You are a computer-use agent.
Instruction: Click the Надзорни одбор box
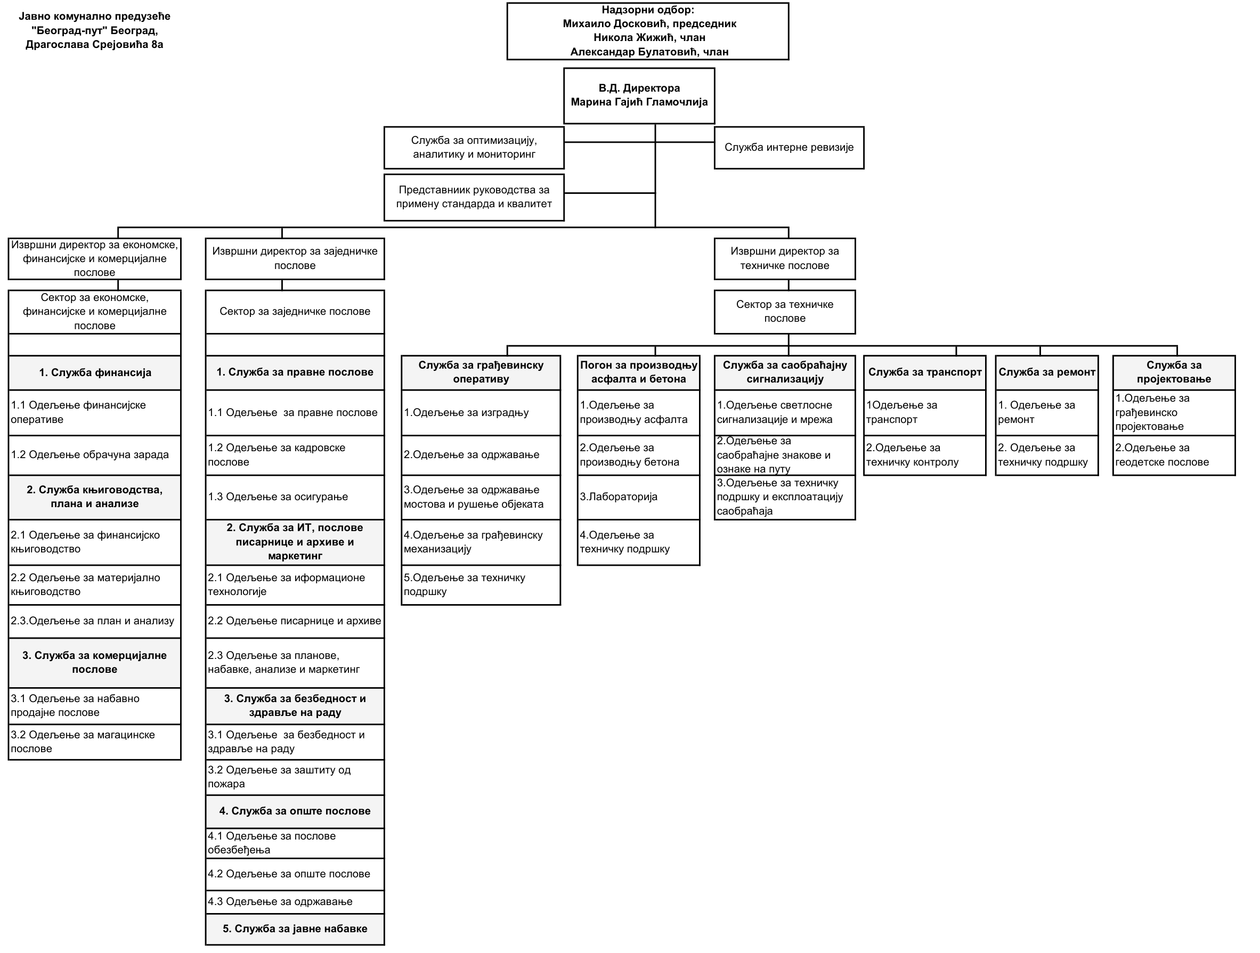(x=648, y=31)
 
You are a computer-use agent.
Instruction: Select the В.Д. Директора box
(x=639, y=96)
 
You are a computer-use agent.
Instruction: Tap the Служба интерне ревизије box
(x=788, y=148)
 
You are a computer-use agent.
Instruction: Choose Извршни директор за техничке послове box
(x=784, y=258)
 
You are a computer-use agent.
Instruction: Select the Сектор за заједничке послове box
(x=295, y=312)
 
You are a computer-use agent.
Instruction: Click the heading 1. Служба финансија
(x=94, y=373)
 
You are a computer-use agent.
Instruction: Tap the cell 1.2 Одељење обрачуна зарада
(x=94, y=455)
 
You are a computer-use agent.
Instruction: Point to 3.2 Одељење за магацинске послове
(x=94, y=742)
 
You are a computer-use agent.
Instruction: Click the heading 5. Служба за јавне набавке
(x=295, y=929)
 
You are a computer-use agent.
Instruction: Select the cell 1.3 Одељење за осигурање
(x=295, y=496)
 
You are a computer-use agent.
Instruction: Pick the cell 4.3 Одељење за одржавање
(x=295, y=902)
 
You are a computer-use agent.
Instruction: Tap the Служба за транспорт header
(x=924, y=372)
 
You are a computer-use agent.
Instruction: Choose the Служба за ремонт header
(x=1046, y=372)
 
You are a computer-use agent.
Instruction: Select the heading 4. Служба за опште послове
(x=295, y=811)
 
